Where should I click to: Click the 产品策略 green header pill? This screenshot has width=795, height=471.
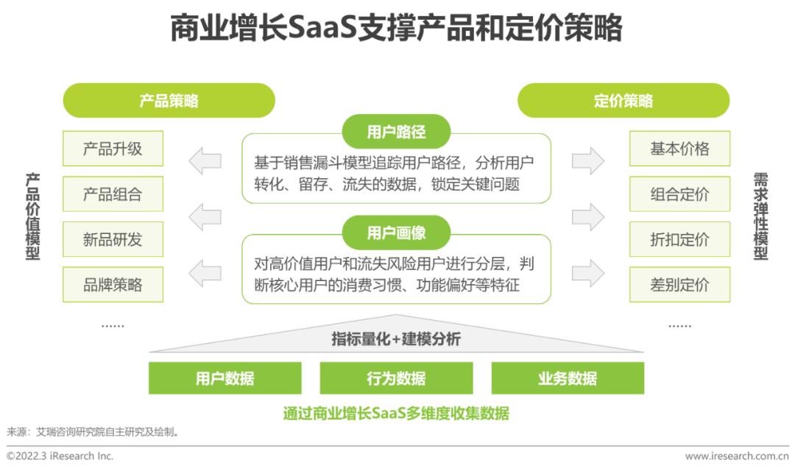tap(169, 100)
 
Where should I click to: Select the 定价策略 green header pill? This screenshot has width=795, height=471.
tap(623, 100)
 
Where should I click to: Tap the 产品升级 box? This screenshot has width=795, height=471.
tap(113, 149)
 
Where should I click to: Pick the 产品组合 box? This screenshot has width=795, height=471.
tap(113, 194)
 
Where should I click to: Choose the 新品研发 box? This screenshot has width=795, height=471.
tap(113, 239)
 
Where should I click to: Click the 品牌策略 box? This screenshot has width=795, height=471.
tap(113, 284)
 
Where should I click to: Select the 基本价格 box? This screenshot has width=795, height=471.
tap(679, 149)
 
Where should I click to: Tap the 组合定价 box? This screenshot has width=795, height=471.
tap(679, 194)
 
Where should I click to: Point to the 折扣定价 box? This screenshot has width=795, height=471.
tap(679, 239)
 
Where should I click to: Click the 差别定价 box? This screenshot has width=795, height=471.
tap(679, 284)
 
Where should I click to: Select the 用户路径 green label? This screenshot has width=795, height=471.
tap(397, 132)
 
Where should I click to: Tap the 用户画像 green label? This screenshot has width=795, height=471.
tap(397, 233)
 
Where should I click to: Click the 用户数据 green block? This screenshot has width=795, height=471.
tap(225, 378)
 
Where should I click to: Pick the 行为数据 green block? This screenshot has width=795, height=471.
tap(396, 378)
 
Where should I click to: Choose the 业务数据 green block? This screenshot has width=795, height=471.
tap(568, 378)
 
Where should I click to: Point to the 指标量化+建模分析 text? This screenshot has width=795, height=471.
tap(396, 339)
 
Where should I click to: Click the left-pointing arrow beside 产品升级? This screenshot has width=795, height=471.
tap(205, 160)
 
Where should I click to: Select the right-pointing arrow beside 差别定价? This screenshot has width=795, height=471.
tap(588, 273)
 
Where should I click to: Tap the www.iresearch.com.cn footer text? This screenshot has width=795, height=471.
tap(737, 456)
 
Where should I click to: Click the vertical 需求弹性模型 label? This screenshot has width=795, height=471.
tap(760, 216)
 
